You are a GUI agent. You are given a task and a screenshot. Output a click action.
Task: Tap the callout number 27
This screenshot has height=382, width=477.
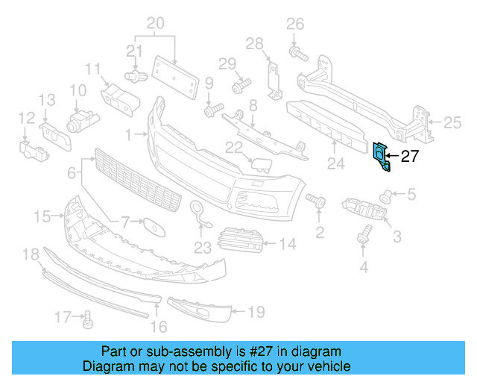(x=410, y=157)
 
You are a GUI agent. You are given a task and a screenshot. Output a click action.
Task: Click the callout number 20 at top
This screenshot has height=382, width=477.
(x=155, y=24)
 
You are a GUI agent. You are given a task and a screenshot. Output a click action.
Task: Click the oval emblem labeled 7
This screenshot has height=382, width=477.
(x=153, y=225)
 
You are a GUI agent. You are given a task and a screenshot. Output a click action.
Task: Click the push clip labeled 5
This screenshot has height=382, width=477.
(x=386, y=196)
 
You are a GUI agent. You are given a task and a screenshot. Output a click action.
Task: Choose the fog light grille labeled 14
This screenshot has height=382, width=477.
(x=241, y=239)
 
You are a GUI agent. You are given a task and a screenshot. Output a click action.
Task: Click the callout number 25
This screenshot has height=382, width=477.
(x=453, y=122)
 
